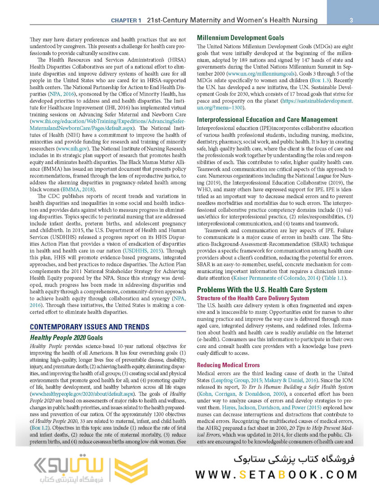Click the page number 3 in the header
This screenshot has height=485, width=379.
[350, 20]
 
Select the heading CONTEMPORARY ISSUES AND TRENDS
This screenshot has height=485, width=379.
[89, 326]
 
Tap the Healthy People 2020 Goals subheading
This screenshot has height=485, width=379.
[66, 337]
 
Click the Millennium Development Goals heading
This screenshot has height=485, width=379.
[243, 38]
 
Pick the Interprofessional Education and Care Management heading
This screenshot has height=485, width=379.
[273, 119]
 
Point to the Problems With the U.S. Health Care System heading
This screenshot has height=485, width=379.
[262, 290]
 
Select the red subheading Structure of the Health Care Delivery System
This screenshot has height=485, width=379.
[259, 298]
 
